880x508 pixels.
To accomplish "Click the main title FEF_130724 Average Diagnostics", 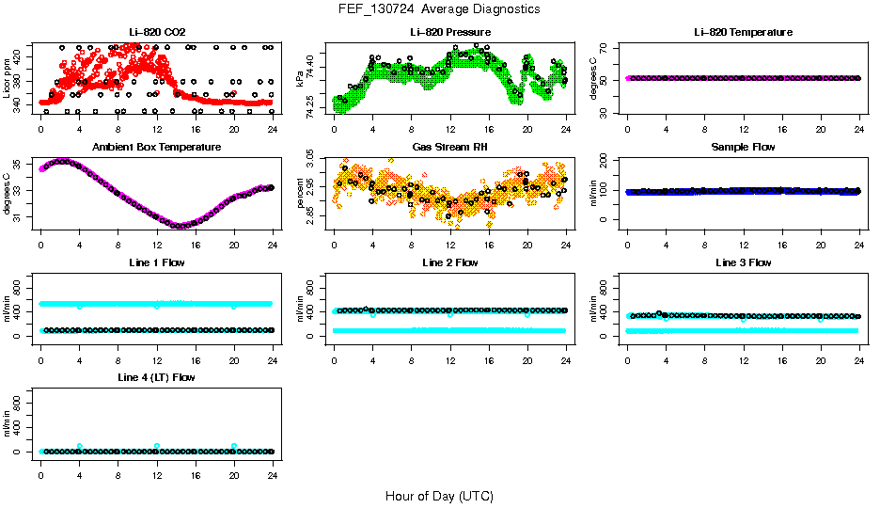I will pos(440,8).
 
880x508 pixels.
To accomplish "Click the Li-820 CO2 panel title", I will pos(156,32).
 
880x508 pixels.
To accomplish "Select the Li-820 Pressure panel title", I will pos(449,32).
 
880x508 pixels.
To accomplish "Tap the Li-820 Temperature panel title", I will pos(743,32).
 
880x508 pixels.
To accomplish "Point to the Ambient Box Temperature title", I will pos(156,147).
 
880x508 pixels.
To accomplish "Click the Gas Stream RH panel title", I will pos(449,147).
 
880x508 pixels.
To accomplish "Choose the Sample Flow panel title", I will pos(743,147).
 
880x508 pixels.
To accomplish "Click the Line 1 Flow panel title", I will pos(156,262).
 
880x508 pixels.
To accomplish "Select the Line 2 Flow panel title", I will pos(449,262).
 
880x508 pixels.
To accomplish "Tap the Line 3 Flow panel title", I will pos(743,262).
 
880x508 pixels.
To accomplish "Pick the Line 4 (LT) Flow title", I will pos(156,377).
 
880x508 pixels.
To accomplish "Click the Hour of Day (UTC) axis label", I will pos(439,496).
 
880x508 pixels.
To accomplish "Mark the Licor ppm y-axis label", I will pos(8,77).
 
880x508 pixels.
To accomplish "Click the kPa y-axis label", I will pos(301,77).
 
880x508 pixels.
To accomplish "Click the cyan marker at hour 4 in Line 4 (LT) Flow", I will pos(80,446).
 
